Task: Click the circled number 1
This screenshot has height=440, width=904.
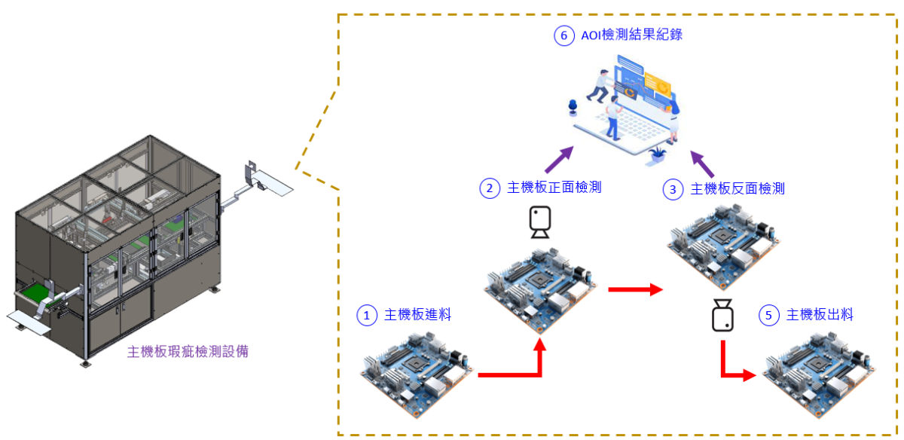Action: pyautogui.click(x=367, y=315)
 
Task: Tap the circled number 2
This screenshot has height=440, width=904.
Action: pyautogui.click(x=490, y=188)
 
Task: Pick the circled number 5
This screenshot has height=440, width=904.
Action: pyautogui.click(x=768, y=315)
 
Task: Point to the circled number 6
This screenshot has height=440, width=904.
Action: pyautogui.click(x=563, y=35)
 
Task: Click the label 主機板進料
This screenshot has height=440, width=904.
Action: pyautogui.click(x=417, y=315)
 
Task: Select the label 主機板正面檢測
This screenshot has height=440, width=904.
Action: pyautogui.click(x=554, y=188)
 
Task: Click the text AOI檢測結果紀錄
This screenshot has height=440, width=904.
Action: pyautogui.click(x=632, y=35)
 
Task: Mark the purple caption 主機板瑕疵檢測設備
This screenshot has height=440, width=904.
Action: pyautogui.click(x=188, y=351)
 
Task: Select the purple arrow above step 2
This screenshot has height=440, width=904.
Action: pyautogui.click(x=558, y=159)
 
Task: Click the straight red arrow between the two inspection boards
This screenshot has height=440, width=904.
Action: pyautogui.click(x=635, y=289)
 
